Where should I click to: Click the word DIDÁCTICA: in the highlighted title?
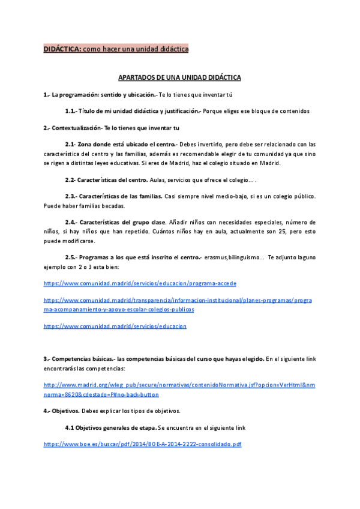coord(62,49)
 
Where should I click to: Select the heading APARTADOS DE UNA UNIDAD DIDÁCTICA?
coord(179,77)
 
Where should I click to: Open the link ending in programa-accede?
coord(140,283)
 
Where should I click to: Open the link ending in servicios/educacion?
coord(115,326)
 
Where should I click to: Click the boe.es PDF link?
coord(143,444)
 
